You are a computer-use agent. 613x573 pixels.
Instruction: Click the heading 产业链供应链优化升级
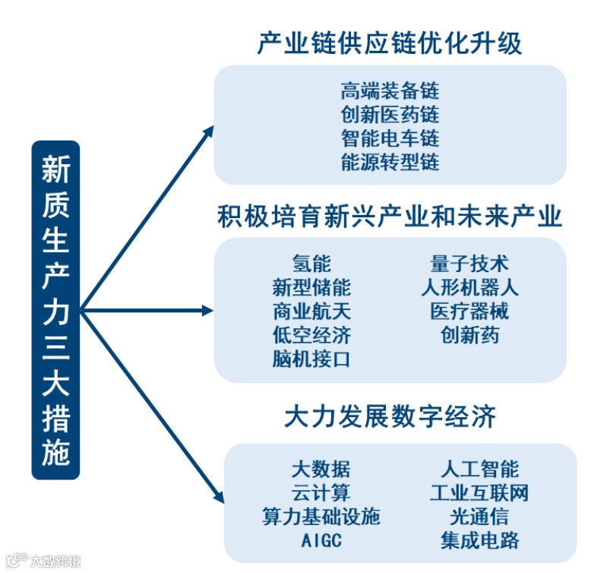pyautogui.click(x=390, y=43)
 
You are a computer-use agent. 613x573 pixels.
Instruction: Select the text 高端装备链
pyautogui.click(x=390, y=92)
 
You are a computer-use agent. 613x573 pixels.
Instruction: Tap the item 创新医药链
pyautogui.click(x=390, y=116)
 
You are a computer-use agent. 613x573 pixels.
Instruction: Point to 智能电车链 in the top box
pyautogui.click(x=390, y=139)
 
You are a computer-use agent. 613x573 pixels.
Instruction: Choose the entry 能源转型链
pyautogui.click(x=390, y=163)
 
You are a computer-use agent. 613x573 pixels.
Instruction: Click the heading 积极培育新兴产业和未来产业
pyautogui.click(x=390, y=217)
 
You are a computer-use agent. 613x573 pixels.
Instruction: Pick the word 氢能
pyautogui.click(x=311, y=264)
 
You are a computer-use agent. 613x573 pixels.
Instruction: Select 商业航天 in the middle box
pyautogui.click(x=311, y=312)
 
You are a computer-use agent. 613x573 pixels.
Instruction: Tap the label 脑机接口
pyautogui.click(x=311, y=359)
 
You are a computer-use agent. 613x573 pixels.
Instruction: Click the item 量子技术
pyautogui.click(x=469, y=264)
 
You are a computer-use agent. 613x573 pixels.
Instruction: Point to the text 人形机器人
pyautogui.click(x=469, y=288)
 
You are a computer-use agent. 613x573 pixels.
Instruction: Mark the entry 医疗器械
pyautogui.click(x=469, y=312)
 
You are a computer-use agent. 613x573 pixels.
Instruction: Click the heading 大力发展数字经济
pyautogui.click(x=390, y=416)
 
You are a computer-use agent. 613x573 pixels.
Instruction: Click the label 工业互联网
pyautogui.click(x=479, y=492)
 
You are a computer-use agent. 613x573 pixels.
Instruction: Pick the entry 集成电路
pyautogui.click(x=479, y=540)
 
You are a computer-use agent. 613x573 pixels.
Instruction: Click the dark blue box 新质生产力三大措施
pyautogui.click(x=55, y=310)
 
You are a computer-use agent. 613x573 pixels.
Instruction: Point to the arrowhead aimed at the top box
pyautogui.click(x=210, y=131)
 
